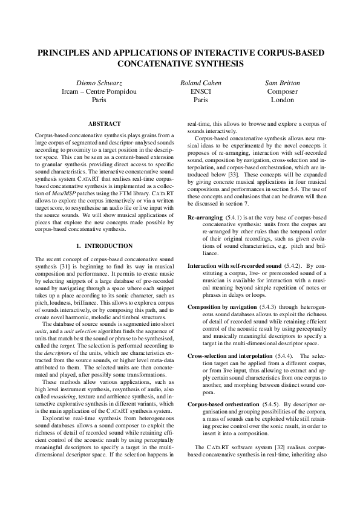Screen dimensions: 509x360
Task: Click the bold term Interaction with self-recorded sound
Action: pos(235,266)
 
